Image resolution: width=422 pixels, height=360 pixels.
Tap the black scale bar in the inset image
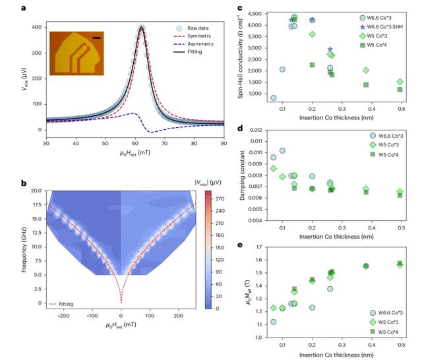click(97, 38)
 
